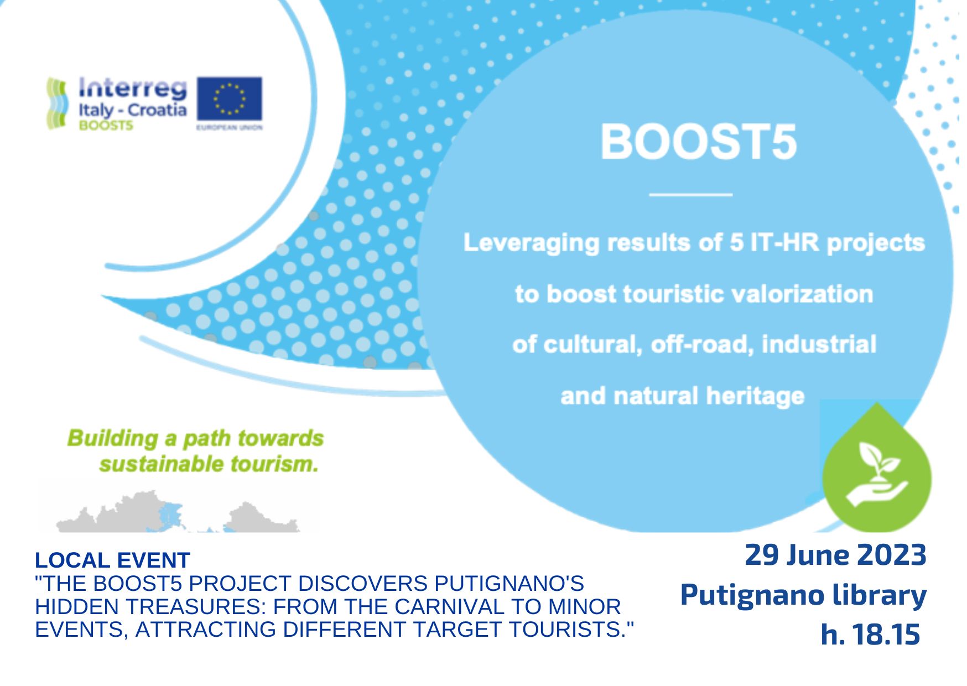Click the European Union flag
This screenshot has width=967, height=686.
[229, 99]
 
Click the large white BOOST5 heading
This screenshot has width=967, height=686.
[698, 142]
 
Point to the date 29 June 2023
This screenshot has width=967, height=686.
[835, 555]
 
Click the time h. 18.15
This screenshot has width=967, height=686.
[870, 634]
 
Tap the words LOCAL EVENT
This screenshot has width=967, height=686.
[112, 560]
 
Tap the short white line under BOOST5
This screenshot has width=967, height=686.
[690, 195]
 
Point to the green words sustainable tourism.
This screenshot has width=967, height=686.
[209, 464]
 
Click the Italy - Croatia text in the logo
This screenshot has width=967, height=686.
[133, 111]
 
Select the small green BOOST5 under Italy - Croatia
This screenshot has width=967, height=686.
[106, 126]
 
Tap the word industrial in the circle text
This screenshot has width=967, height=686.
[819, 344]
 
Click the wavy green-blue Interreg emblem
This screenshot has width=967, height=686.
[58, 103]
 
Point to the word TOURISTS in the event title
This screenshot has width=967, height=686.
[571, 630]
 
